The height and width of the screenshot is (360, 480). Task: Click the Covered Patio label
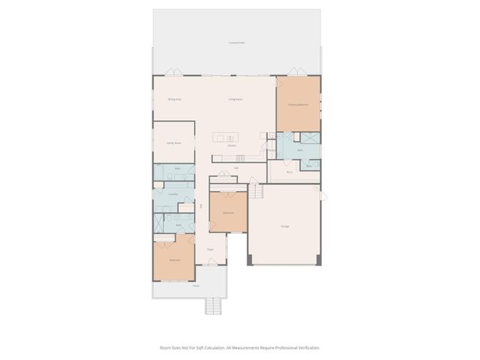pyautogui.click(x=237, y=43)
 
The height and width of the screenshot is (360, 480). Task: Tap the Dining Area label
pyautogui.click(x=175, y=99)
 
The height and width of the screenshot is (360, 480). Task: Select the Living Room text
pyautogui.click(x=235, y=99)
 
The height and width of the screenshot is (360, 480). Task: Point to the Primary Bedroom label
pyautogui.click(x=298, y=105)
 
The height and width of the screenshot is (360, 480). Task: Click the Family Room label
pyautogui.click(x=174, y=142)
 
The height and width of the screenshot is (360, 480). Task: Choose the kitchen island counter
pyautogui.click(x=227, y=136)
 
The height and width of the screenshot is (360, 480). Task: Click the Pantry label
pyautogui.click(x=271, y=149)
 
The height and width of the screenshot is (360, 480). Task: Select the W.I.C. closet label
pyautogui.click(x=289, y=172)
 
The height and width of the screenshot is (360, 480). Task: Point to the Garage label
pyautogui.click(x=285, y=226)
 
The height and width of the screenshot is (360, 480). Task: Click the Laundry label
pyautogui.click(x=172, y=193)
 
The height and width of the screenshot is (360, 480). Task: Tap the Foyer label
pyautogui.click(x=211, y=248)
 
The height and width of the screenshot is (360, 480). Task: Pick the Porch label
pyautogui.click(x=196, y=286)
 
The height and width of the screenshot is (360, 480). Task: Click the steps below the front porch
pyautogui.click(x=214, y=305)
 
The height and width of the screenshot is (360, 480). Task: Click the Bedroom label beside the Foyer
pyautogui.click(x=174, y=259)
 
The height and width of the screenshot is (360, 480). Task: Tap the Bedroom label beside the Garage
pyautogui.click(x=228, y=213)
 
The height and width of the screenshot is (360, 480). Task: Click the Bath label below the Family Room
pyautogui.click(x=178, y=169)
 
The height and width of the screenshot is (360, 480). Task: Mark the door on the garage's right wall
pyautogui.click(x=323, y=196)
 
